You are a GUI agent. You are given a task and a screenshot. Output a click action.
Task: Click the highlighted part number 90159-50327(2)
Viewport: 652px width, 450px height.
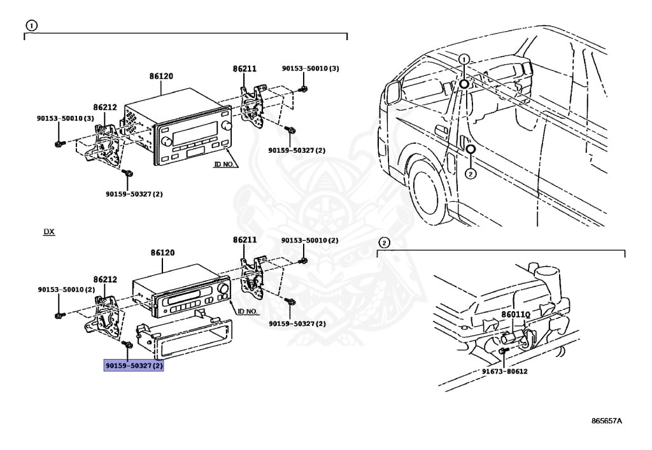click(134, 366)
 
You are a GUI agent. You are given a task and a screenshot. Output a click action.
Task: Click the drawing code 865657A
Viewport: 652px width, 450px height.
click(606, 421)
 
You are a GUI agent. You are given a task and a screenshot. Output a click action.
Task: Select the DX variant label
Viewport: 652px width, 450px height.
click(49, 232)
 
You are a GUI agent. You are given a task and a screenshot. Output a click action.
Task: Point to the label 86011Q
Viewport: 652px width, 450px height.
click(516, 314)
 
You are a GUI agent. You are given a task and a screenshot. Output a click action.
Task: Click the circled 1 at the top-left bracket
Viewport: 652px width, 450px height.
click(31, 25)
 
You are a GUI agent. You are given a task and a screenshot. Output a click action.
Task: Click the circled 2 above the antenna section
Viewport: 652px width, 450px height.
click(383, 243)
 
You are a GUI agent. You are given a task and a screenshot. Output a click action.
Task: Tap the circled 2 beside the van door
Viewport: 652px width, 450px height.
click(470, 174)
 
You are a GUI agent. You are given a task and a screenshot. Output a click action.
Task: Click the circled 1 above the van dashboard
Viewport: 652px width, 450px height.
click(464, 59)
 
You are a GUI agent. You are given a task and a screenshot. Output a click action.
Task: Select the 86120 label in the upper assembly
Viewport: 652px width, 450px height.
click(161, 76)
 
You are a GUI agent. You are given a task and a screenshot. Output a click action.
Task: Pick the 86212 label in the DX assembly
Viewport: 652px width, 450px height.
click(105, 279)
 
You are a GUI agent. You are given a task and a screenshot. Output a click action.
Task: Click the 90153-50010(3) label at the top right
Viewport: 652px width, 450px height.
click(311, 68)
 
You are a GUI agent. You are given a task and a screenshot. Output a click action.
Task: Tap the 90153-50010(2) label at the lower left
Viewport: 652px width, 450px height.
click(66, 290)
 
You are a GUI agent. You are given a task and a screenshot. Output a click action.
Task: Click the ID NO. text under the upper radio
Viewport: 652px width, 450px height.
click(225, 164)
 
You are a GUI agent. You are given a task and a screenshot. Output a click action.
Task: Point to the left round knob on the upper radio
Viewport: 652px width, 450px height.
click(167, 141)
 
